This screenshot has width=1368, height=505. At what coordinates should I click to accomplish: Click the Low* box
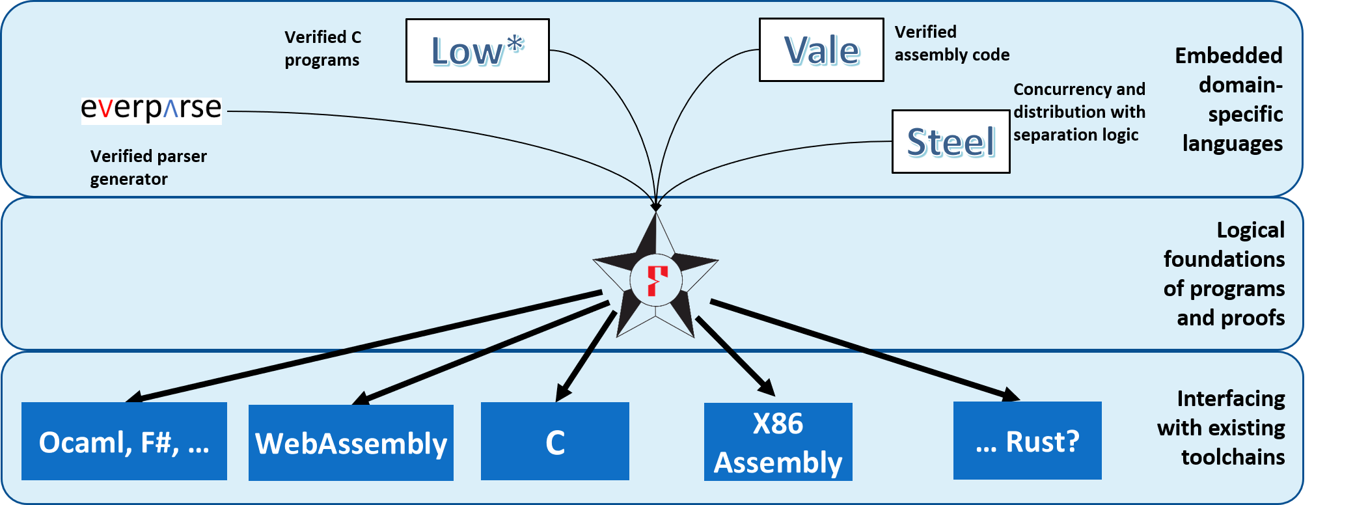pyautogui.click(x=477, y=51)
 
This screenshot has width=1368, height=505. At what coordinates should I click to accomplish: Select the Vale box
pyautogui.click(x=821, y=50)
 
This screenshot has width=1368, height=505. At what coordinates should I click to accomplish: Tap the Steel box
pyautogui.click(x=950, y=142)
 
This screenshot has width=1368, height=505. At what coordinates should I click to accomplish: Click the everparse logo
pyautogui.click(x=151, y=109)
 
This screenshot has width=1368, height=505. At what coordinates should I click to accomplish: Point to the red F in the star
pyautogui.click(x=657, y=280)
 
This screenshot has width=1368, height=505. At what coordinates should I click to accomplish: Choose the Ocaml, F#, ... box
pyautogui.click(x=124, y=442)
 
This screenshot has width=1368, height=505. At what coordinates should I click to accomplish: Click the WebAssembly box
pyautogui.click(x=351, y=443)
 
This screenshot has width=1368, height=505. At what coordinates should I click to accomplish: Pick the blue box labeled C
pyautogui.click(x=554, y=442)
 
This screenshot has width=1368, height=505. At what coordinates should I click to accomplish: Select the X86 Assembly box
pyautogui.click(x=778, y=442)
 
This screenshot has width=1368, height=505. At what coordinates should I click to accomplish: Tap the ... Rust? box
pyautogui.click(x=1027, y=441)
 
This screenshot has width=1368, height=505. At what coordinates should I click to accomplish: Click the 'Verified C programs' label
pyautogui.click(x=322, y=49)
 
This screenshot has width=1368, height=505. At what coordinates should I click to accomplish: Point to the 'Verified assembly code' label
pyautogui.click(x=951, y=44)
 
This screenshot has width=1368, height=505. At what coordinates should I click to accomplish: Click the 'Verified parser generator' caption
pyautogui.click(x=148, y=167)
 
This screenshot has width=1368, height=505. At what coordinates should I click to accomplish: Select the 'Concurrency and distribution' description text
pyautogui.click(x=1078, y=112)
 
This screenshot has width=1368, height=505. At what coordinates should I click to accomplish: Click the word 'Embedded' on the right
pyautogui.click(x=1228, y=56)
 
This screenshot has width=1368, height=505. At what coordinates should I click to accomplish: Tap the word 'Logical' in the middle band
pyautogui.click(x=1250, y=230)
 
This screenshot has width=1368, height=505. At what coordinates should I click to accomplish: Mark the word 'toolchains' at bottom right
pyautogui.click(x=1233, y=457)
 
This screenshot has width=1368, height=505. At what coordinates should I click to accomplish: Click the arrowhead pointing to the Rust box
pyautogui.click(x=1011, y=394)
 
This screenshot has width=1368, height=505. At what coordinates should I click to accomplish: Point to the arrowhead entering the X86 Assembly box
pyautogui.click(x=767, y=388)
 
